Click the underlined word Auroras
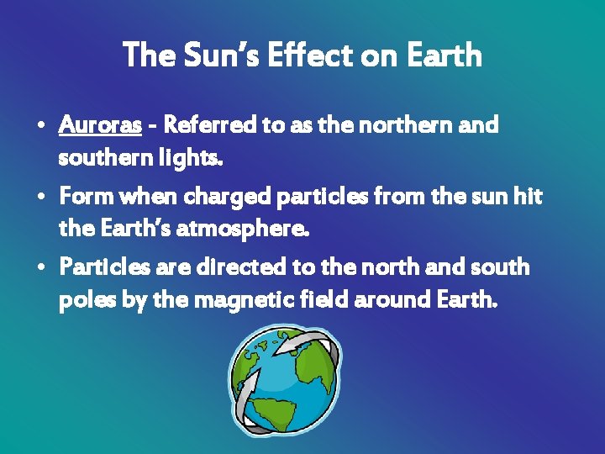tap(100, 126)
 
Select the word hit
tap(528, 198)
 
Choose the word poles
tap(83, 299)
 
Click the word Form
tap(87, 198)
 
